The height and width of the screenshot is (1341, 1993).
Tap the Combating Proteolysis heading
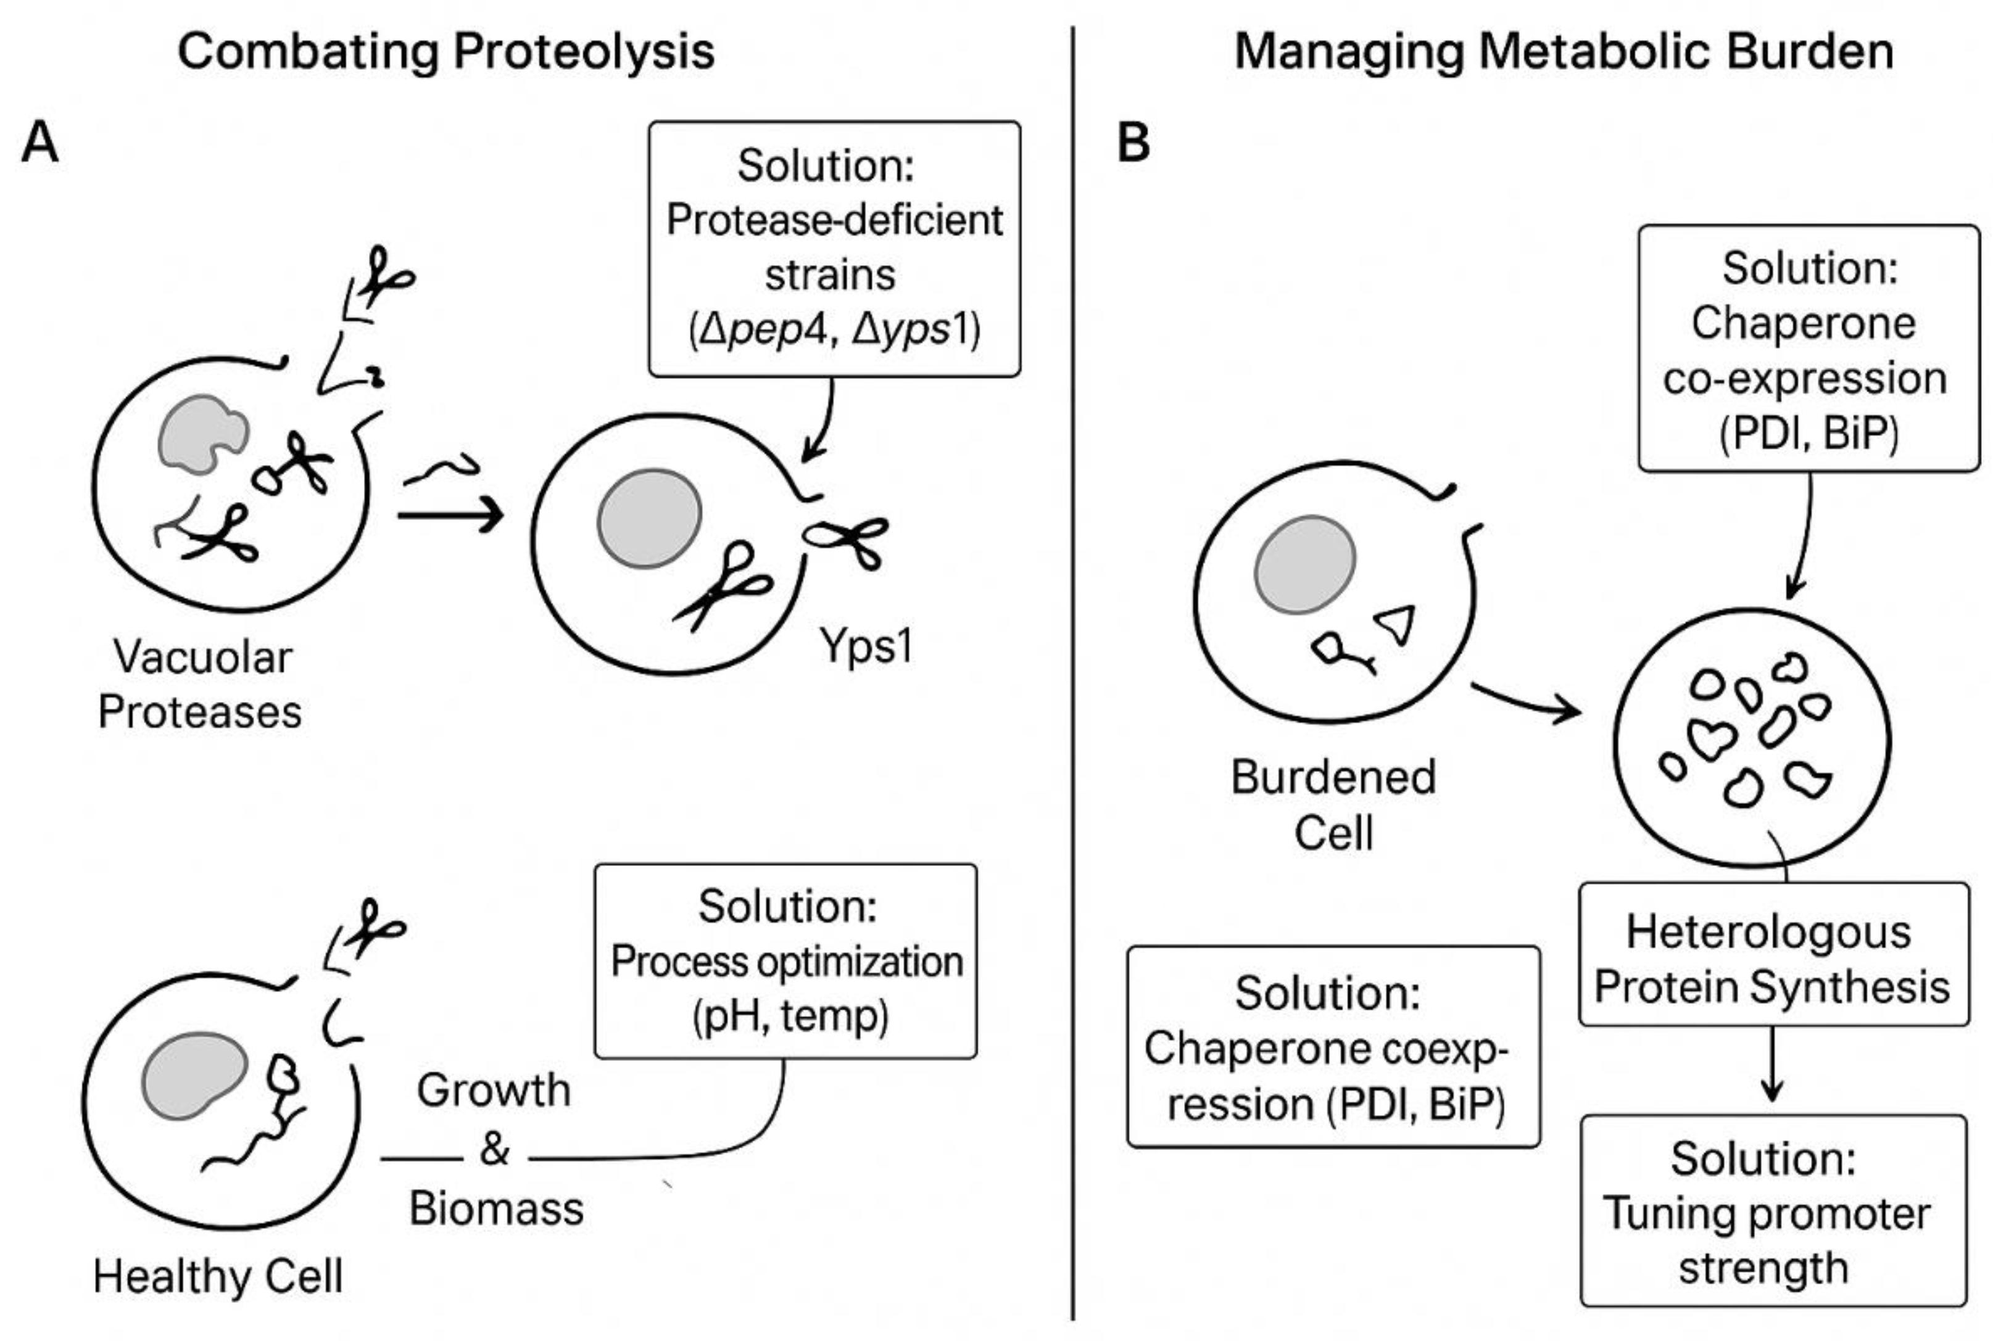445,51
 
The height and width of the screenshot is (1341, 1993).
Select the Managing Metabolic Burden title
1564,51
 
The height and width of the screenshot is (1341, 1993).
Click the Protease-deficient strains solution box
834,248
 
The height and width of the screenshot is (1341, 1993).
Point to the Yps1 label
866,646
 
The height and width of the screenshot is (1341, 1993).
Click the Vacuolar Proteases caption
200,684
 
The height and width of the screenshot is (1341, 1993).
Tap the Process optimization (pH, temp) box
785,961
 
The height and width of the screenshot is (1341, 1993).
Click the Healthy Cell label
218,1277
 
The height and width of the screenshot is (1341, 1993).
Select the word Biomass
496,1208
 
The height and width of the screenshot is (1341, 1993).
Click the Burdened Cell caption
1333,804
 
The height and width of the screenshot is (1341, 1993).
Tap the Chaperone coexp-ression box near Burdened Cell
1333,1047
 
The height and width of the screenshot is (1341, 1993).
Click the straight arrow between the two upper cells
450,516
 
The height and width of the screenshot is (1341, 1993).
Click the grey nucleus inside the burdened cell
1304,564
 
